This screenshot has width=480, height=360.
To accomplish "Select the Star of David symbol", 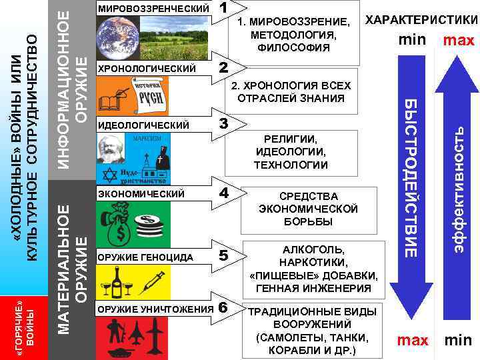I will coord(110,175).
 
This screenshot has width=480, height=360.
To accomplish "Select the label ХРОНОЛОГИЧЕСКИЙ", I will coord(147,69).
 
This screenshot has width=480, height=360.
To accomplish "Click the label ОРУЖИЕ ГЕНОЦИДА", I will coord(145,257).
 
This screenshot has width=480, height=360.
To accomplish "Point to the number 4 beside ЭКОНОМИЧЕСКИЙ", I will coord(224,193).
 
